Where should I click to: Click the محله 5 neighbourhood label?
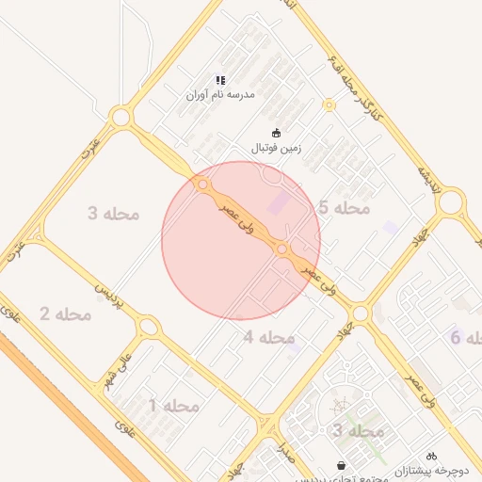click(x=344, y=207)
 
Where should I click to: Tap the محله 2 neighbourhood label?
click(x=65, y=313)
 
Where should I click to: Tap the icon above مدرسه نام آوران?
click(x=220, y=80)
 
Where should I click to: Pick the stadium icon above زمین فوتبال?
click(x=276, y=133)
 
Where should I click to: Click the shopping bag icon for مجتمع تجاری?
click(x=341, y=465)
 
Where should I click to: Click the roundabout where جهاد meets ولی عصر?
click(x=359, y=313)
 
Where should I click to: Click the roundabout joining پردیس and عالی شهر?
click(x=148, y=328)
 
